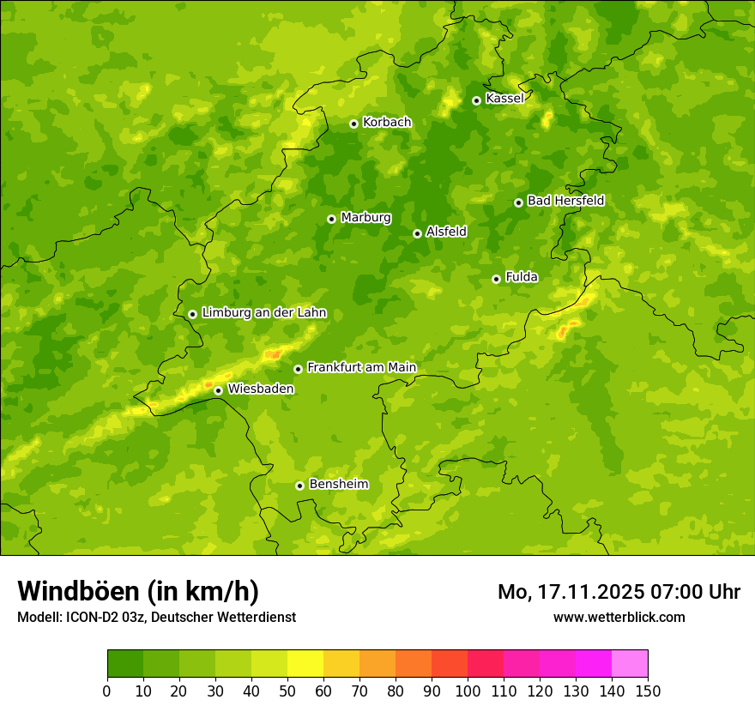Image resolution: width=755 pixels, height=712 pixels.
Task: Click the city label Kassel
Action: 504,99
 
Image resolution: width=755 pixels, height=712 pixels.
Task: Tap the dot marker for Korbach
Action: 353,124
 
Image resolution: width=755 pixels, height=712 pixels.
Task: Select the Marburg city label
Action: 365,218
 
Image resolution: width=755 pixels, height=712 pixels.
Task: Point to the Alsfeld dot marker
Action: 417,233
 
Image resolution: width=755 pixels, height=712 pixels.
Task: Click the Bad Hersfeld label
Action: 565,201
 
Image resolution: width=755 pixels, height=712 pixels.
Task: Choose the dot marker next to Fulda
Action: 496,279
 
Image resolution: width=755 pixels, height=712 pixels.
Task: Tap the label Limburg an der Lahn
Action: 263,313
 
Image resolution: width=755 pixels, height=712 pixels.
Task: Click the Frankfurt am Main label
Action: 361,367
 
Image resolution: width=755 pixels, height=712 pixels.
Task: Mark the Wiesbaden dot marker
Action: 218,390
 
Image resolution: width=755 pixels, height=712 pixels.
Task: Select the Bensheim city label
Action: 338,484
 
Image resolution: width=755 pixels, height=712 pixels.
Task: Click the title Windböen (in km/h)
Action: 138,591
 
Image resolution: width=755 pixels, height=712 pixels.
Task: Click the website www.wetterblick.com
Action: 619,617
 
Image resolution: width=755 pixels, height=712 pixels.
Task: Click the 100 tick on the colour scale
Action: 468,691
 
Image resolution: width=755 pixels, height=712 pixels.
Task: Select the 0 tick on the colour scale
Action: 107,691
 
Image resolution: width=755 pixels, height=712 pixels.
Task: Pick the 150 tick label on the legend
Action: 648,691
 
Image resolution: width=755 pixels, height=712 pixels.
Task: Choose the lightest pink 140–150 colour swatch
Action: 630,664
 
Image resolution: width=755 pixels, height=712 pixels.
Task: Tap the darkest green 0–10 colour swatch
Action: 125,664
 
